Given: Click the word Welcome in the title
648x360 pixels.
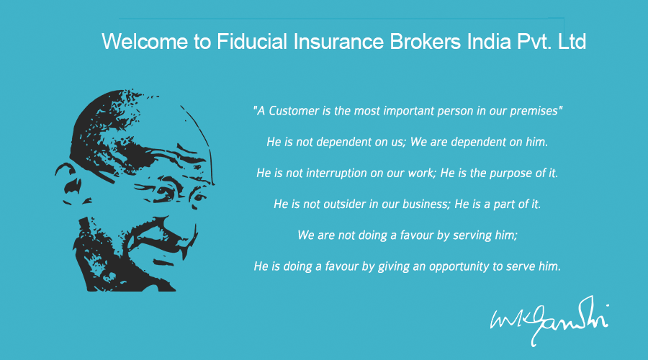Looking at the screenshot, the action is [x=145, y=42].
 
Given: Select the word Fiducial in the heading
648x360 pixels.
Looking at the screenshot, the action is [x=252, y=42].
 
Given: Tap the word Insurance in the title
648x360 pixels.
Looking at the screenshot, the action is [x=338, y=42].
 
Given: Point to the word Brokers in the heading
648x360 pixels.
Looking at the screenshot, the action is [x=426, y=42].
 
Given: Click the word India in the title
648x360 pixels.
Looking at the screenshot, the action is [x=489, y=42].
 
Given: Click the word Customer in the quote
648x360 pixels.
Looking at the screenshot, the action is [x=294, y=111].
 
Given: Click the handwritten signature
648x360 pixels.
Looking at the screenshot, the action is [x=549, y=320].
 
